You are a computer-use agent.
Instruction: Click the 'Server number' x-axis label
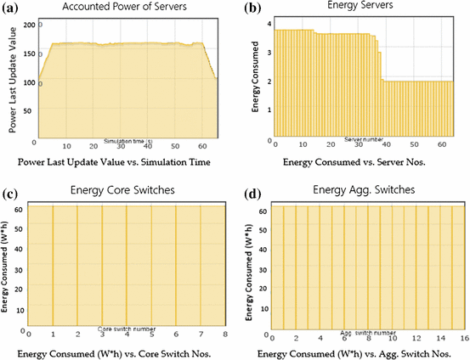(x=365, y=139)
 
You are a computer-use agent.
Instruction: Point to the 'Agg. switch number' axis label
(x=367, y=333)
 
